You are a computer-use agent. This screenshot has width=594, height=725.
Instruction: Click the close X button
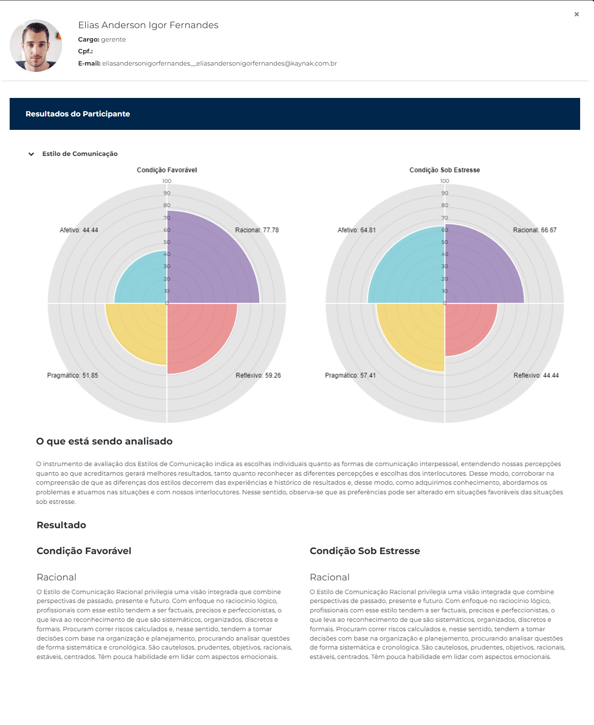tap(577, 14)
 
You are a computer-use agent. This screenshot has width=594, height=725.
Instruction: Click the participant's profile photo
tap(36, 45)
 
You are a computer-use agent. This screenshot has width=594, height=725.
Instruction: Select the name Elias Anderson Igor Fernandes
tap(148, 25)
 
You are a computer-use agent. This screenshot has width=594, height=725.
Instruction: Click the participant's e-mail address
tap(219, 63)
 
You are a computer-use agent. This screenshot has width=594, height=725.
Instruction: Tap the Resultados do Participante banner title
tap(78, 114)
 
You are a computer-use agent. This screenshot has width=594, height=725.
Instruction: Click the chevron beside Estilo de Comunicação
tap(31, 154)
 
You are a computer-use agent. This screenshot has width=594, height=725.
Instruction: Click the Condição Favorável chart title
tap(167, 170)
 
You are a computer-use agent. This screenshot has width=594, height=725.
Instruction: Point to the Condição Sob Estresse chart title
tap(444, 170)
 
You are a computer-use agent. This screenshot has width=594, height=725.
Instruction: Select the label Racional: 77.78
tap(257, 230)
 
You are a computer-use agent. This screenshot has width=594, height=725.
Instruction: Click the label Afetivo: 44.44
tap(79, 230)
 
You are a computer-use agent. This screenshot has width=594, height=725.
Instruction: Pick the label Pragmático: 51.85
tap(72, 375)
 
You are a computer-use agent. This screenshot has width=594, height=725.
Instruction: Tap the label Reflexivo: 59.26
tap(258, 375)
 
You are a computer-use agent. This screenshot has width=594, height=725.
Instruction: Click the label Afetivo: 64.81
tap(357, 230)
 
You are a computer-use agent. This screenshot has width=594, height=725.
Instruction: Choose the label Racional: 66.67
tap(534, 230)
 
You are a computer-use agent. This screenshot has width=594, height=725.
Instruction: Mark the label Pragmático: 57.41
tap(350, 375)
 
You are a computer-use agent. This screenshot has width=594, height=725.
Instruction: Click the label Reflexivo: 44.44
tap(536, 375)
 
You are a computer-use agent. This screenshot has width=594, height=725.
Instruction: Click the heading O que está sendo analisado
tap(104, 441)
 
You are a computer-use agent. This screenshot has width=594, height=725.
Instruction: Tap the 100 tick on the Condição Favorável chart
tap(167, 181)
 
